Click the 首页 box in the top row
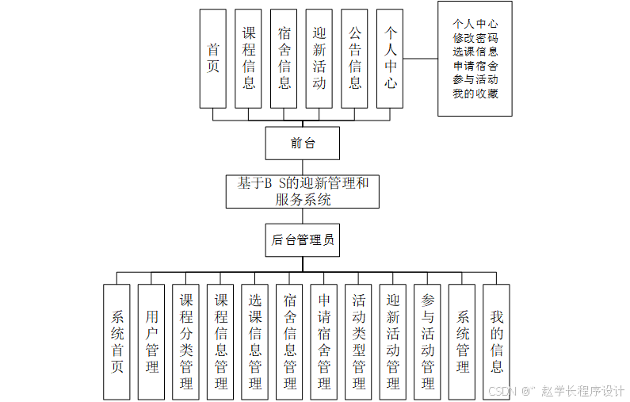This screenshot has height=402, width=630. point(212,59)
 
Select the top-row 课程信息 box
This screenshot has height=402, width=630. point(248,59)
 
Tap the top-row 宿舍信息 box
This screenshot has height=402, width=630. point(284,59)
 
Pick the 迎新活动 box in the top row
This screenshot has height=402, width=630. point(319,59)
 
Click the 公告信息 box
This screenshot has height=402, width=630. point(354,59)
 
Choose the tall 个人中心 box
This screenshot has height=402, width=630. point(390,59)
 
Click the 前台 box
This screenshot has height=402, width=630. point(302,144)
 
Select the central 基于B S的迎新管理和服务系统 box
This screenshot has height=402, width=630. point(303,192)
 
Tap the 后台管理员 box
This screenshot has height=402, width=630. point(302,240)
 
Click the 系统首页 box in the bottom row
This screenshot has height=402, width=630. point(116,342)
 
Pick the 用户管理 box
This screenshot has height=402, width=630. point(151,342)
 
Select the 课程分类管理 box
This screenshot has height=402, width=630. point(186,342)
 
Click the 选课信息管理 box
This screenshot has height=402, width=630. point(255,342)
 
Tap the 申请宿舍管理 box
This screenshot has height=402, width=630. point(324,342)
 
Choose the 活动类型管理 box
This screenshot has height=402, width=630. point(359,342)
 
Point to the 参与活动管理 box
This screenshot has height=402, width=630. point(428,342)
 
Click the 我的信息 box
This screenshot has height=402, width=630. point(497,342)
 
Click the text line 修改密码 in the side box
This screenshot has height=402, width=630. point(475,38)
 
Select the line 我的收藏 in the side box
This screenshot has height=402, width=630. point(475,94)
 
